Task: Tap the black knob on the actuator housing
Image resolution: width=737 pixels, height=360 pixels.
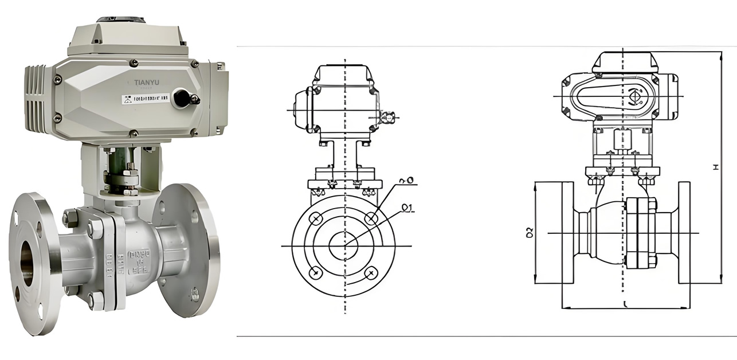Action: [183, 97]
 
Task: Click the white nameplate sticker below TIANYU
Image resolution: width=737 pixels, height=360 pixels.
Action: [146, 99]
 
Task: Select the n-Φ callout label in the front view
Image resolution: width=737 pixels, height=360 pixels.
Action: [407, 181]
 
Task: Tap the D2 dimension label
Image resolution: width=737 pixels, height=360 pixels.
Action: [530, 232]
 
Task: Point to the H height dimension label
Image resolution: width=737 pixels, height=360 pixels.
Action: [715, 167]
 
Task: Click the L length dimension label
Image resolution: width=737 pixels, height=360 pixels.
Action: [625, 304]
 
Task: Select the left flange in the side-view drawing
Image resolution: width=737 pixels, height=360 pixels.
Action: [568, 232]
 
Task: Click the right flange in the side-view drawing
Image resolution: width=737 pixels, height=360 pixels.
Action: [684, 232]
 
